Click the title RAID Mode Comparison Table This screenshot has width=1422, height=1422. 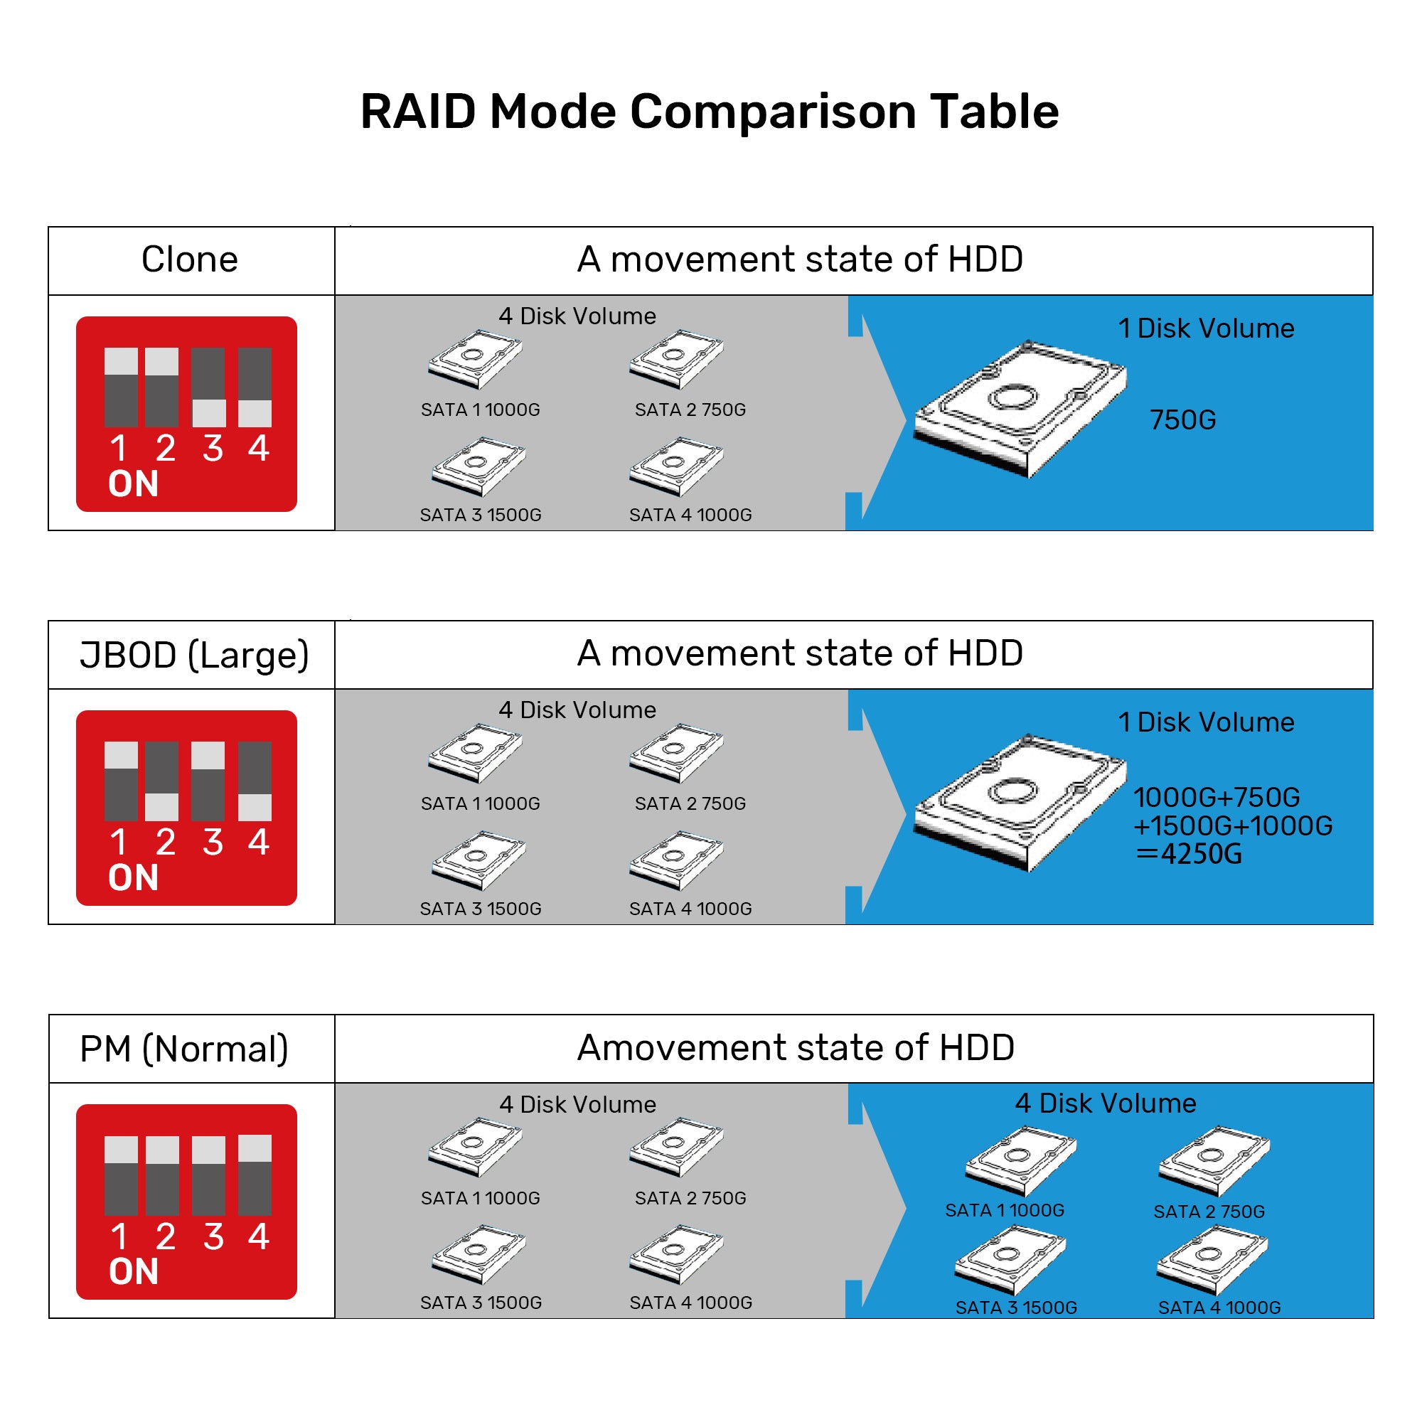710,112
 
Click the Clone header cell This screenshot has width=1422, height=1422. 190,260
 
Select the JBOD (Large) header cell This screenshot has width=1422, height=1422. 193,654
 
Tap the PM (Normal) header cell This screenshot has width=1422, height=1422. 184,1049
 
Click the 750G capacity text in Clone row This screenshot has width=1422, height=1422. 1183,420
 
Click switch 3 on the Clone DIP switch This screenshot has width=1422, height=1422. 209,387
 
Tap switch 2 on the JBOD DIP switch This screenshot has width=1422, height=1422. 162,781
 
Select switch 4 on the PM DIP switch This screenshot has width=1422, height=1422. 255,1175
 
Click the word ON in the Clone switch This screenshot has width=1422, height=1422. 133,484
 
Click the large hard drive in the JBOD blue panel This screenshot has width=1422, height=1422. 1020,802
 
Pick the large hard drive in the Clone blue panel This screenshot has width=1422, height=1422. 1020,409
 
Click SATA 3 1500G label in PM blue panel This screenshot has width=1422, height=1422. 1016,1308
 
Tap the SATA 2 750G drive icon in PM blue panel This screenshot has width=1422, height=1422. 1213,1162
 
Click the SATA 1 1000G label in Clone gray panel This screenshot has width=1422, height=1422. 480,410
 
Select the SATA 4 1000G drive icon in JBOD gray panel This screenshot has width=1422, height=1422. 676,860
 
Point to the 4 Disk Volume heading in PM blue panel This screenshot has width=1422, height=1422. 1105,1103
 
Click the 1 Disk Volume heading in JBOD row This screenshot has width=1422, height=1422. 1206,722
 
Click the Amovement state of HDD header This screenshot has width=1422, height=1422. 796,1047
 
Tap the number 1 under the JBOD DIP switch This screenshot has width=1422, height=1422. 119,842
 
